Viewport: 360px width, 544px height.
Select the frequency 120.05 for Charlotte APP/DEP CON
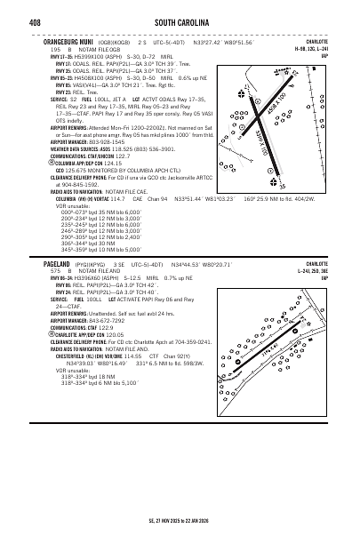click(x=120, y=334)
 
